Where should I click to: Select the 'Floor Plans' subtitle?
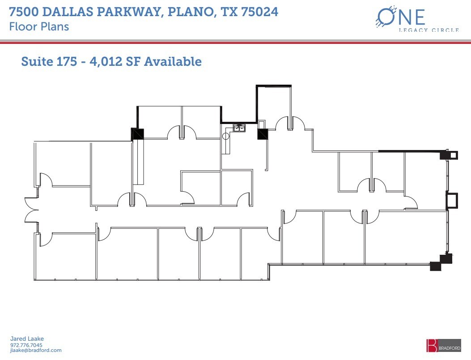[39, 26]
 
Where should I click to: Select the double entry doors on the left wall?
[30, 210]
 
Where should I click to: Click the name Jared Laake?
[27, 339]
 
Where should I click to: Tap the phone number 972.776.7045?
[26, 345]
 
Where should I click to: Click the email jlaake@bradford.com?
[35, 351]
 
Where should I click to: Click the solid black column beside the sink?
[262, 133]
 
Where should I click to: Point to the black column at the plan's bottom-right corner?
[435, 266]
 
